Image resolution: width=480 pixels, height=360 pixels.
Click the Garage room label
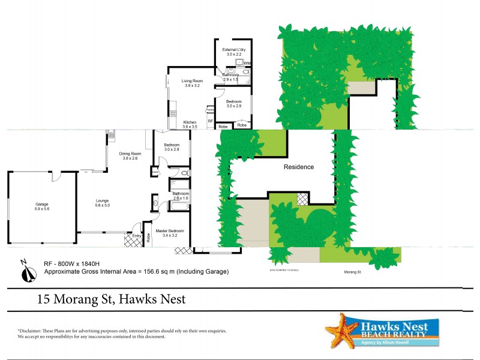(x=41, y=204)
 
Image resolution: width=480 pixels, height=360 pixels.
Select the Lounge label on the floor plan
(x=102, y=200)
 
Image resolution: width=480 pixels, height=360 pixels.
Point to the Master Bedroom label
(x=170, y=230)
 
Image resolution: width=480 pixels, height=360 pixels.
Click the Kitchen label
(x=190, y=122)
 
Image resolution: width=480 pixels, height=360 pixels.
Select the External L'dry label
(x=233, y=49)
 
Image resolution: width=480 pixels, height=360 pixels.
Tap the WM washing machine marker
(x=247, y=63)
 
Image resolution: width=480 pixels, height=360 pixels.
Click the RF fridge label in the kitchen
(x=210, y=121)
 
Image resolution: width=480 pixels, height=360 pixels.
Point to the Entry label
(x=137, y=235)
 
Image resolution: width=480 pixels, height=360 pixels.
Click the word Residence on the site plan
(x=298, y=167)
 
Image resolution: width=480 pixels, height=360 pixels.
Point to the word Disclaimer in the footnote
(x=31, y=331)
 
